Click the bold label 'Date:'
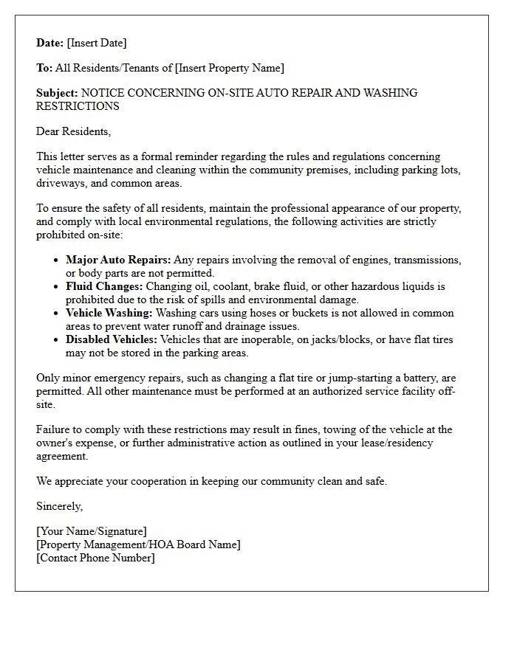50,43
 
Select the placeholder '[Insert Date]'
97,43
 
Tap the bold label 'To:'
44,68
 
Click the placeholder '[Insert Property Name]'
229,68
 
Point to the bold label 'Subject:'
57,93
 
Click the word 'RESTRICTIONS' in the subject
78,106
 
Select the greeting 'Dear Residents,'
73,131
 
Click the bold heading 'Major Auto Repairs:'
118,260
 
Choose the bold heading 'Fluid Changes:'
104,286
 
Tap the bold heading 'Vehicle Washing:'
109,313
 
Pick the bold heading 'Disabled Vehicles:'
111,339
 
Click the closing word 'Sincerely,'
60,506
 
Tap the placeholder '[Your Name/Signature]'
92,531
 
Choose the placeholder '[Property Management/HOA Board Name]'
138,544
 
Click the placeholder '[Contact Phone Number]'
95,558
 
